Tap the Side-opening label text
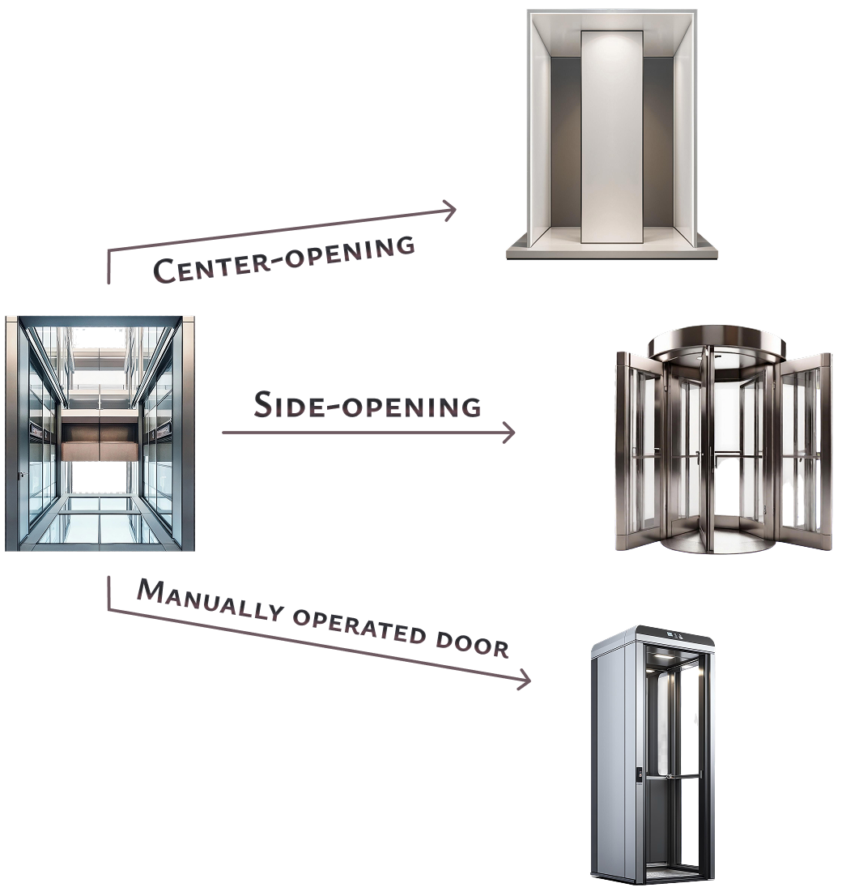coord(368,404)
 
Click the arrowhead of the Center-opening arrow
coord(451,211)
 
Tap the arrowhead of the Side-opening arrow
coord(509,433)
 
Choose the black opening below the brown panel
coord(99,477)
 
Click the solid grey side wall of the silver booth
coord(612,762)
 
